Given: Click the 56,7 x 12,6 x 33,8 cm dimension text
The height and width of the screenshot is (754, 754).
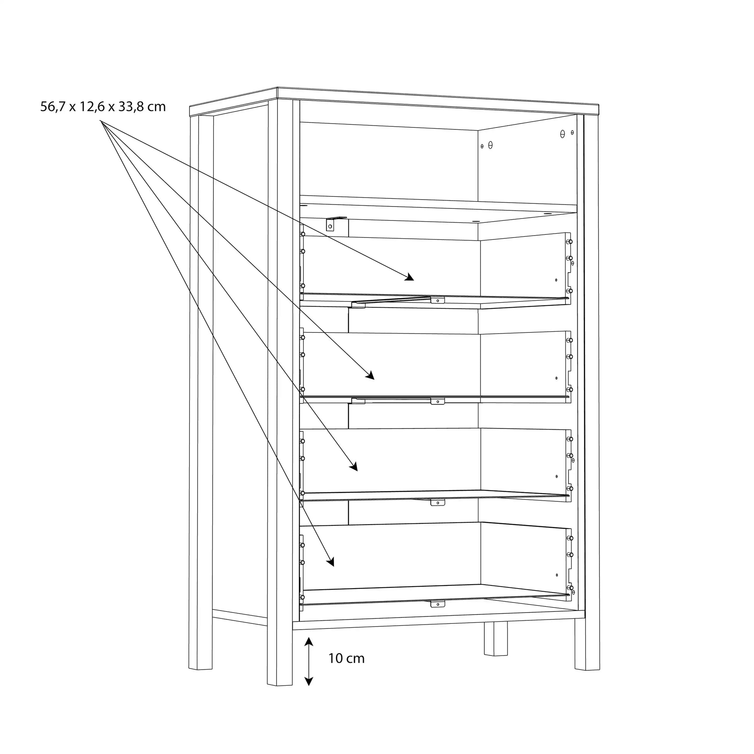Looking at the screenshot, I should point(103,107).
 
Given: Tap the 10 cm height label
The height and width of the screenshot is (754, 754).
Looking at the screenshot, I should point(346,658).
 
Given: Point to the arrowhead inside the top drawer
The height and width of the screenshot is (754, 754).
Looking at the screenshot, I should point(410,277).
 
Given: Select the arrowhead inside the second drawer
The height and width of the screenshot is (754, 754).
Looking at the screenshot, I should point(370,376).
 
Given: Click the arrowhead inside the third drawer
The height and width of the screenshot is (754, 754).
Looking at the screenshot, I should point(354,467).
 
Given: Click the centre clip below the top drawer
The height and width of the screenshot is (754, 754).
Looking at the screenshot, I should point(437,300).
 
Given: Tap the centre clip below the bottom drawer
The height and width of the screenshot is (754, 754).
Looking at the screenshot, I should point(437,604).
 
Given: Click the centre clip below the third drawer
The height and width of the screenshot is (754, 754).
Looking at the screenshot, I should point(437,502).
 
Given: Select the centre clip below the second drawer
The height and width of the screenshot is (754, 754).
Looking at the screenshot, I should point(437,401).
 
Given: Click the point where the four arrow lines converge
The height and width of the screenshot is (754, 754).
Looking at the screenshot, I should point(101,121).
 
